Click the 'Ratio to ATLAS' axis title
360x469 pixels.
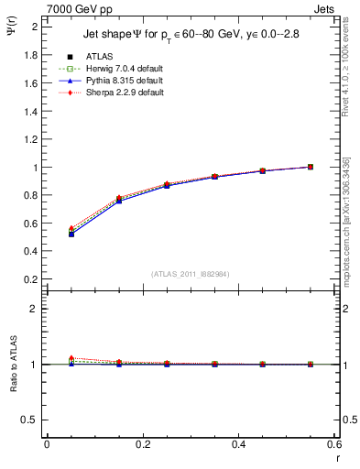[x=14, y=362]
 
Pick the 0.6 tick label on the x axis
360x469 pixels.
[x=335, y=445]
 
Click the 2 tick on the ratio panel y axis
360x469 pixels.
[x=34, y=309]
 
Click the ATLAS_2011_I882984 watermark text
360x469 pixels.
[x=191, y=274]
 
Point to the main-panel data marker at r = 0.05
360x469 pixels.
[x=71, y=233]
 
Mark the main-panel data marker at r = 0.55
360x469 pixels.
[x=311, y=167]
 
